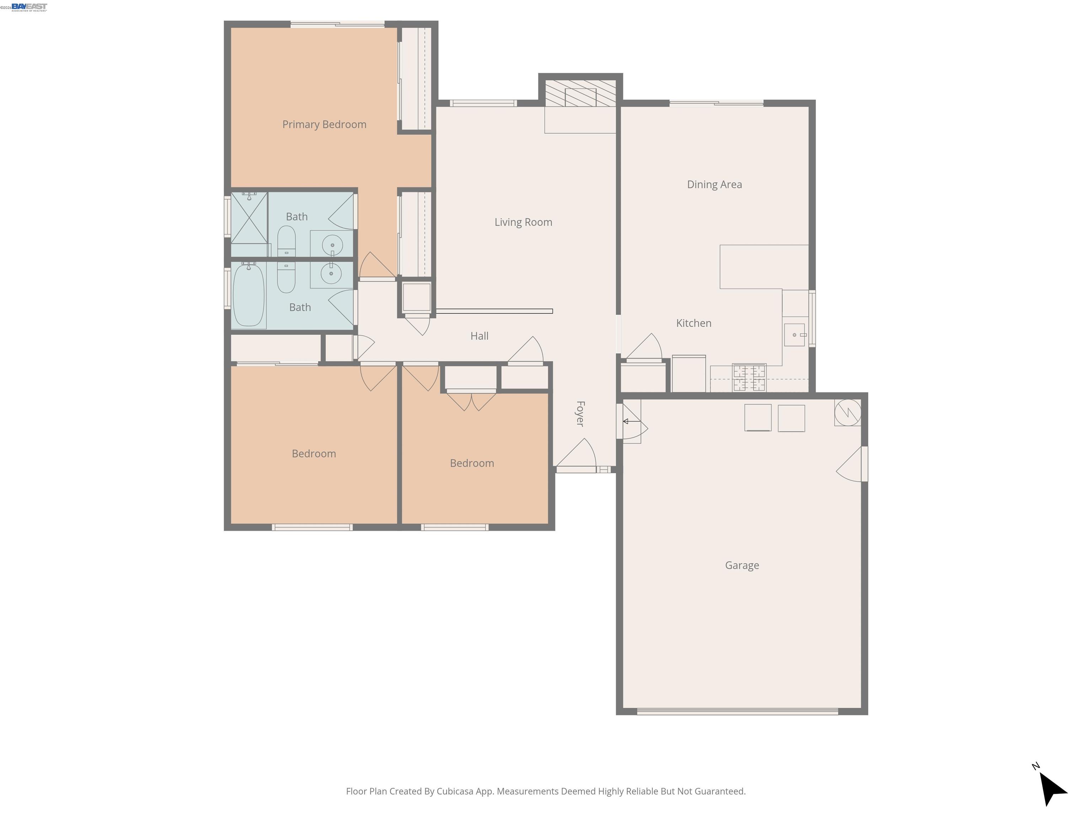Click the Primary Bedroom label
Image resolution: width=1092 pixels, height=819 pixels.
click(x=324, y=124)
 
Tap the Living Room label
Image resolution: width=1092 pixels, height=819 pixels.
click(x=523, y=222)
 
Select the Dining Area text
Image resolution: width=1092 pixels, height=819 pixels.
click(x=714, y=184)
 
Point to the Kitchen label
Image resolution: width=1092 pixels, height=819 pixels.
click(x=694, y=323)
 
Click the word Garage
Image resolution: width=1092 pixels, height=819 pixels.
click(x=742, y=565)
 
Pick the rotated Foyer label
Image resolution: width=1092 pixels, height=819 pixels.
click(x=580, y=414)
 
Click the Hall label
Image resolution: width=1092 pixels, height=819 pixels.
click(x=480, y=336)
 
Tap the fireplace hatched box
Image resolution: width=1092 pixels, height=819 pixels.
click(x=580, y=94)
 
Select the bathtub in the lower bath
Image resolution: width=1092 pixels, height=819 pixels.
click(x=248, y=295)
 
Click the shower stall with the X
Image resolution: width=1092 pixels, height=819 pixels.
click(x=249, y=218)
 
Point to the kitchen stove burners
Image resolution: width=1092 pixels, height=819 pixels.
click(x=749, y=378)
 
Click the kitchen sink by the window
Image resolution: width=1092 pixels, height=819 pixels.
click(x=794, y=335)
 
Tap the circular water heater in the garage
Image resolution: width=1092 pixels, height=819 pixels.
click(x=848, y=412)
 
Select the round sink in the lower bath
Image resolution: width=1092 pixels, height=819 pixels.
click(x=331, y=273)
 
